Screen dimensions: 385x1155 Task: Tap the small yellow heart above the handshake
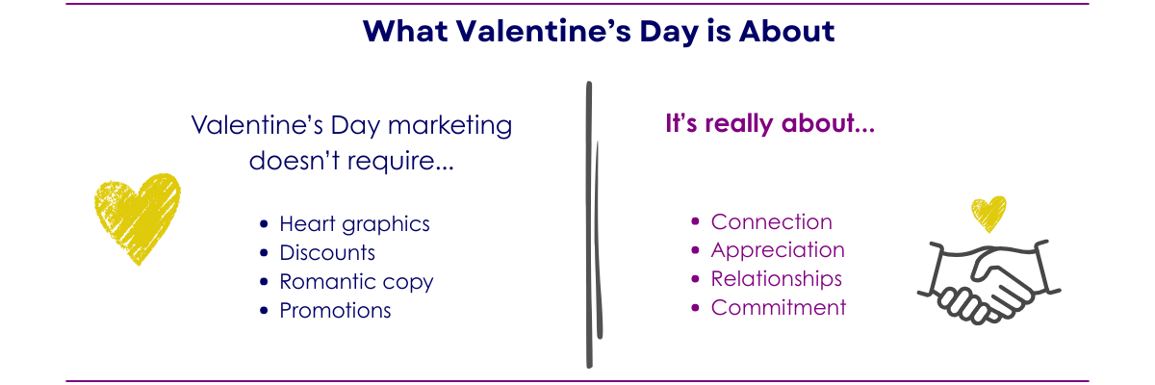click(x=988, y=213)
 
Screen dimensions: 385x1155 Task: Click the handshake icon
click(x=988, y=278)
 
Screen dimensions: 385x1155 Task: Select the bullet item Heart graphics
click(x=354, y=223)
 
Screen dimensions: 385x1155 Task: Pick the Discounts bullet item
click(x=327, y=252)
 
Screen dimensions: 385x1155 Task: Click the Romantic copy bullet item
click(x=356, y=281)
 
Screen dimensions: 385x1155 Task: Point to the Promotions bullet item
click(x=335, y=310)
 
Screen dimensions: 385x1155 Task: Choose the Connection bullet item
click(x=771, y=221)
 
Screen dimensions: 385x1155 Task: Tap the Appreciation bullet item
click(x=778, y=250)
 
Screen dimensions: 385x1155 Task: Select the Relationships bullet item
click(x=776, y=279)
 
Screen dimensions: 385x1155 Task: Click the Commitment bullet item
click(x=779, y=308)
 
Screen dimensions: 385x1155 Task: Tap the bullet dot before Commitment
click(x=697, y=309)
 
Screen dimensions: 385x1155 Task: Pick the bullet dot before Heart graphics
click(x=265, y=224)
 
